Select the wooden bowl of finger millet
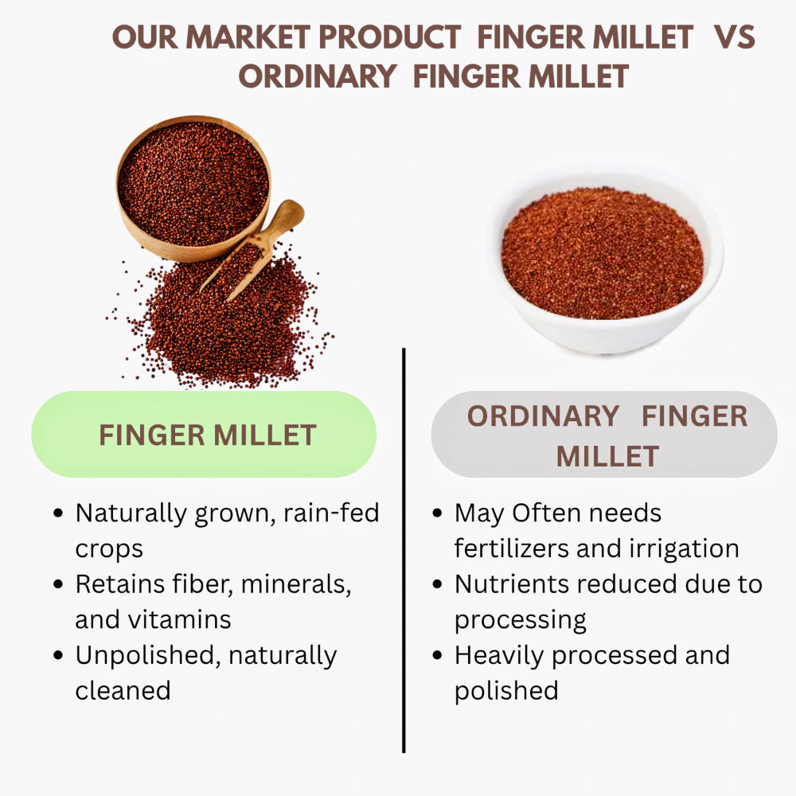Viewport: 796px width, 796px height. point(193,188)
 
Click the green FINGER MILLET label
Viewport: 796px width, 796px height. point(204,435)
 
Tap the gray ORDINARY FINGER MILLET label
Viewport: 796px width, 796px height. point(604,435)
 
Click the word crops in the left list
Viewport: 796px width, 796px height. point(109,548)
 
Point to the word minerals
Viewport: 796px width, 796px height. point(295,584)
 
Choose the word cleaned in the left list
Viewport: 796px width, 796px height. point(123,690)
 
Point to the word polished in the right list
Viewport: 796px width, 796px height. point(506,690)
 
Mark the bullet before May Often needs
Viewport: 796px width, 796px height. point(438,514)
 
